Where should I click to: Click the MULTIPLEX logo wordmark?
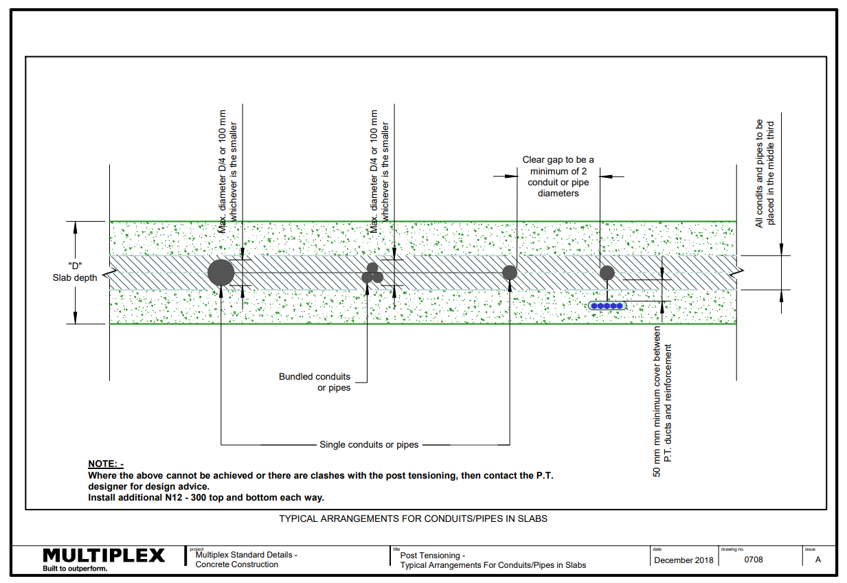(104, 556)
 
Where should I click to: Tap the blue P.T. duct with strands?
(607, 306)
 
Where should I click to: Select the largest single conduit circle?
(221, 273)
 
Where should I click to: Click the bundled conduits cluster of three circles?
(372, 273)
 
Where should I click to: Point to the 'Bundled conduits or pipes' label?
(315, 382)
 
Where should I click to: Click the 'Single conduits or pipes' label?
(369, 444)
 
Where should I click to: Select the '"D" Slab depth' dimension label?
(75, 272)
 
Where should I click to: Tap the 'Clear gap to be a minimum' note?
(558, 176)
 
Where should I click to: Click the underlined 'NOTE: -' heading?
(106, 464)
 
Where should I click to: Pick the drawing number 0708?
(754, 560)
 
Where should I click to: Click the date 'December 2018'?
(684, 560)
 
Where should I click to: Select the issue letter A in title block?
(818, 560)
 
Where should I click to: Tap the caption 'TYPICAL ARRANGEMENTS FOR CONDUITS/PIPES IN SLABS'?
(414, 518)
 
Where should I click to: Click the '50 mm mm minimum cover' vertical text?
(662, 402)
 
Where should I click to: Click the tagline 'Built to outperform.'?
(75, 569)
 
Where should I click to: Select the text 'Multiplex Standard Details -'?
(246, 555)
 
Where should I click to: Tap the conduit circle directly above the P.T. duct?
(607, 273)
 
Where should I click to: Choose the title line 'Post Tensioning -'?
(433, 556)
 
